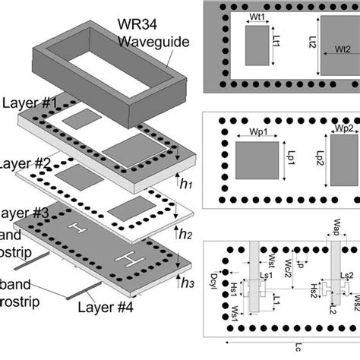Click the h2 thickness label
(185, 235)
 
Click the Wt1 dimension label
(257, 15)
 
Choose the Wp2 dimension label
(345, 130)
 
